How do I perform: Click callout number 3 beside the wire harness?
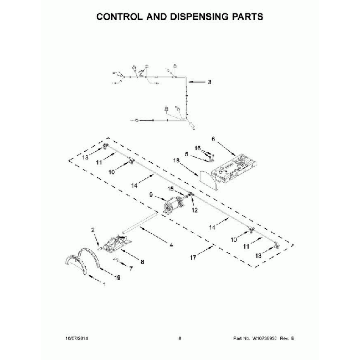coord(210,83)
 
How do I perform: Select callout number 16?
coord(198,148)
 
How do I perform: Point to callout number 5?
coord(187,154)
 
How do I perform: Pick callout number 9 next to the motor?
coord(151,194)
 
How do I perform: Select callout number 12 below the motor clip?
coord(194,210)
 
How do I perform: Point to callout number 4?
coord(171,245)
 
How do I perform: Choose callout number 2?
coord(94,230)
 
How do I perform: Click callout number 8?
coord(142,261)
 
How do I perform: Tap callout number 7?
coord(131,268)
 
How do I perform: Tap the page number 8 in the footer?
coord(180,338)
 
